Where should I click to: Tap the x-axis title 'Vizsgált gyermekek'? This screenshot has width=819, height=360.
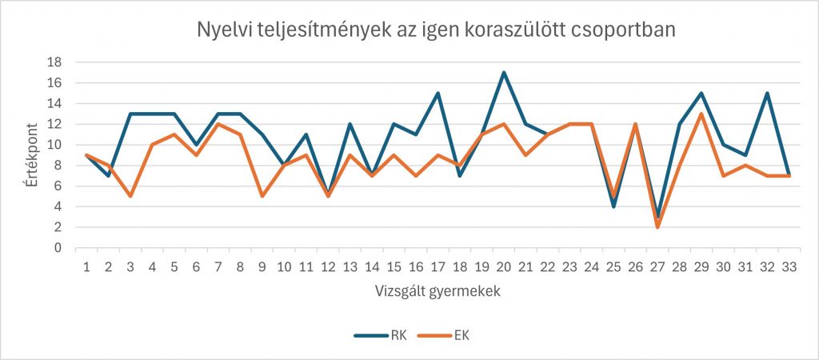pyautogui.click(x=437, y=291)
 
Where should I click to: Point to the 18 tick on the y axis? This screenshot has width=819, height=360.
pyautogui.click(x=57, y=62)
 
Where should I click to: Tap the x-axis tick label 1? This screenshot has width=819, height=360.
pyautogui.click(x=86, y=266)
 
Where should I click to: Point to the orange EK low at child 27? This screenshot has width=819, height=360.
pyautogui.click(x=657, y=227)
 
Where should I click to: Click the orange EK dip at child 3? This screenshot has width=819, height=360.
pyautogui.click(x=130, y=196)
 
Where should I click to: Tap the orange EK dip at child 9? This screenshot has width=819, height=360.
pyautogui.click(x=263, y=196)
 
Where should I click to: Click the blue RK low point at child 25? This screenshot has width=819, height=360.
pyautogui.click(x=613, y=206)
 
